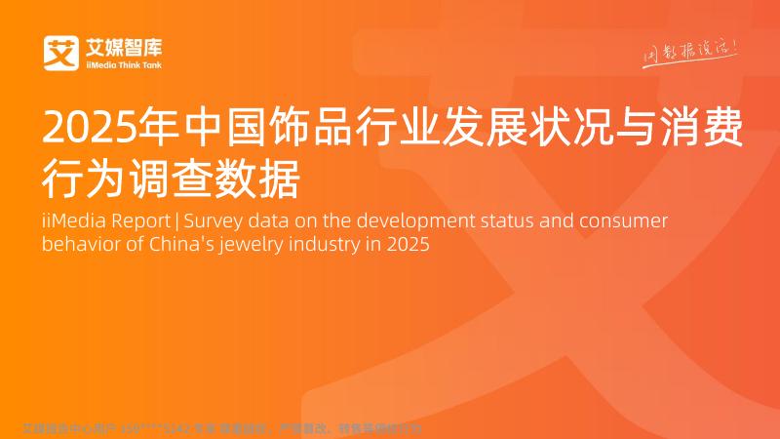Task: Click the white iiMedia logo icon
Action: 60,53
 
